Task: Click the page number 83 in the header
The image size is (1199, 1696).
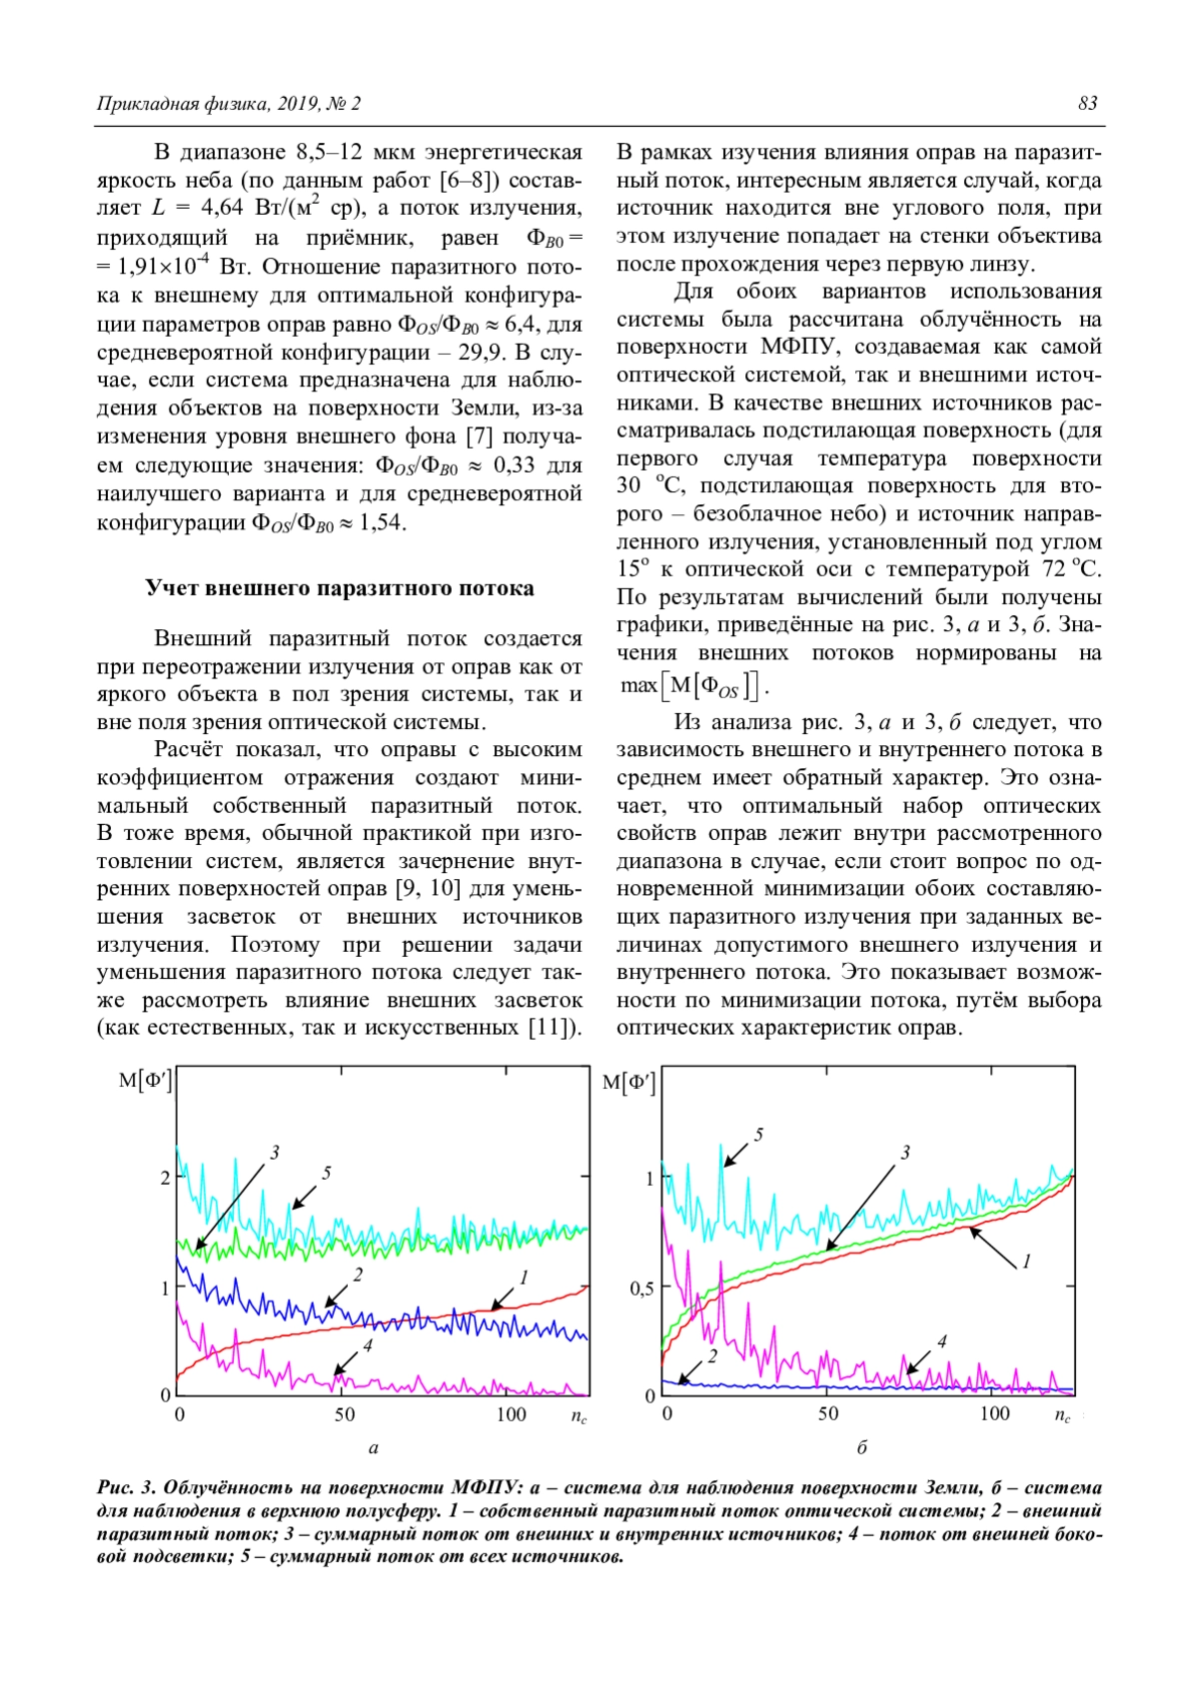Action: pos(1087,104)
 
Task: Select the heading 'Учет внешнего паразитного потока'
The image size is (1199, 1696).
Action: pos(340,588)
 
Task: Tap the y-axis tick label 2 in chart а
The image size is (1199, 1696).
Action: pos(166,1178)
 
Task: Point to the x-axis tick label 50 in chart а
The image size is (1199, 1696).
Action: pos(344,1414)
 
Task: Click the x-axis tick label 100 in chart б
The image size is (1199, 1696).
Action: pos(994,1413)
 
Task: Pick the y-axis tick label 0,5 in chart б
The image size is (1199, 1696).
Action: pos(641,1288)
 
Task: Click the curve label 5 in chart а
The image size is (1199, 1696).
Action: pos(327,1174)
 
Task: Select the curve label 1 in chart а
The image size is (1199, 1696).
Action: pos(524,1277)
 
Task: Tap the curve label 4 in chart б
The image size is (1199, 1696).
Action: pos(941,1342)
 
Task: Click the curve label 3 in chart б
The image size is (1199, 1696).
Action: pos(905,1153)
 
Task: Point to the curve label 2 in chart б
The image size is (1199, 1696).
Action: pos(712,1356)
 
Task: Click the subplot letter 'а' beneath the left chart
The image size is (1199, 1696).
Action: pos(374,1447)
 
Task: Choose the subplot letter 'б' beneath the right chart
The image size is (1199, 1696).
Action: pos(862,1447)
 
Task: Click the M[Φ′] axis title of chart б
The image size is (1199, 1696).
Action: pos(628,1083)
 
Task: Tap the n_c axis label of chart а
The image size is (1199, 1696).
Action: pos(579,1416)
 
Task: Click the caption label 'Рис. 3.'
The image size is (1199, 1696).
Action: pos(126,1488)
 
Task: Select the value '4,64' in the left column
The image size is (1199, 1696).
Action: pos(222,208)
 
